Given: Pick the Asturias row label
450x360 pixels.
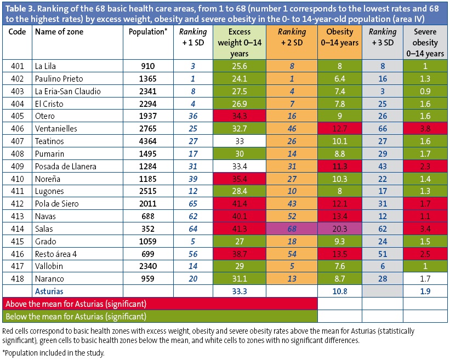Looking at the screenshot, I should click(49, 291).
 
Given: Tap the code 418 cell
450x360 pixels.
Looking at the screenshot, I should click(18, 278).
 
